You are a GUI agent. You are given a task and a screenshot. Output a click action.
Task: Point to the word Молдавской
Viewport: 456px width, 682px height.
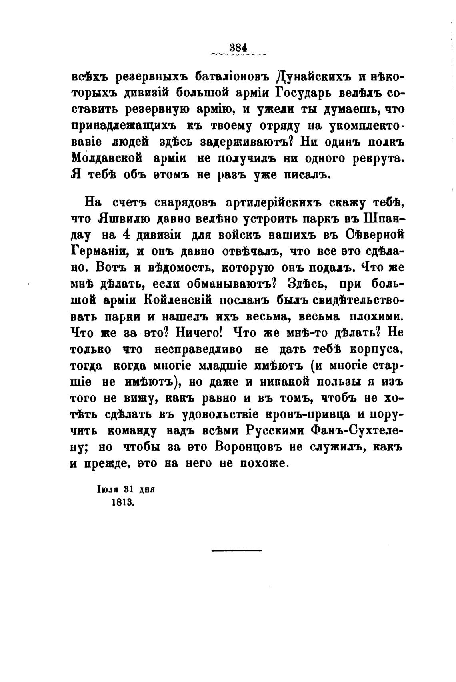point(107,158)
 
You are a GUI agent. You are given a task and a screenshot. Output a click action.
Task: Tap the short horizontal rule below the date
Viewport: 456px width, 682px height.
point(236,551)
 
